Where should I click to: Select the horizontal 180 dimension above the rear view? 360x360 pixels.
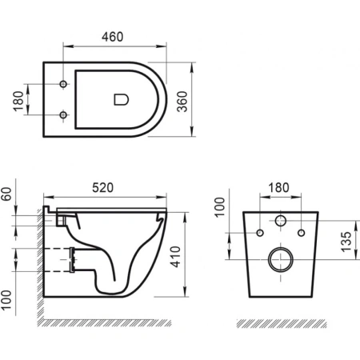278,186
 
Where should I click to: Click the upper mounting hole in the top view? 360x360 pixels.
63,84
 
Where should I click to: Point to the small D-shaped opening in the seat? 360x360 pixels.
121,99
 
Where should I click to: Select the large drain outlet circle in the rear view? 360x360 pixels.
280,258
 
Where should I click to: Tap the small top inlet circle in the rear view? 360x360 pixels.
280,221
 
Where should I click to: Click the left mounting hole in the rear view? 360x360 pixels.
259,234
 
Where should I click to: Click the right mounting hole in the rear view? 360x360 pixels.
301,234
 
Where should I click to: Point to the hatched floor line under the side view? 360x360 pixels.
112,322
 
